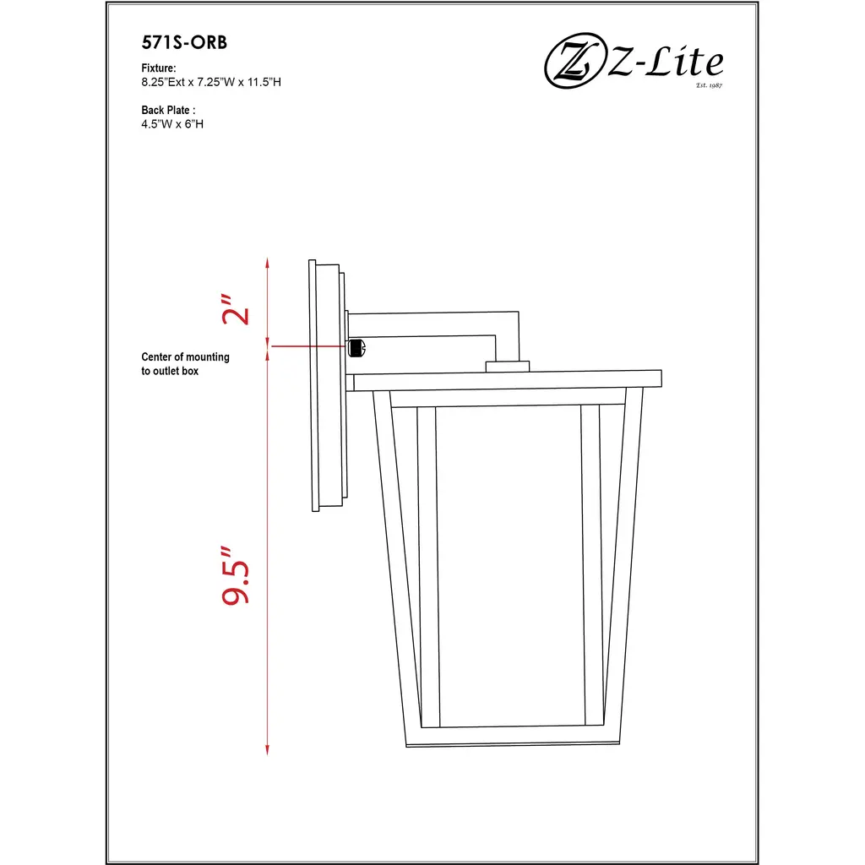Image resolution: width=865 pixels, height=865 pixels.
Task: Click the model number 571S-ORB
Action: (184, 42)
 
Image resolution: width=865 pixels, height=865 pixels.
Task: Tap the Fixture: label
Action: (158, 68)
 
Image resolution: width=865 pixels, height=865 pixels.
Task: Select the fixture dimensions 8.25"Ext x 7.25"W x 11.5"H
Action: (210, 82)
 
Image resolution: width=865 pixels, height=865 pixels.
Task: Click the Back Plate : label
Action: (168, 110)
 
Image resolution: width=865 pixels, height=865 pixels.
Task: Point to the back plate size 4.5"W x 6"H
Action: (172, 124)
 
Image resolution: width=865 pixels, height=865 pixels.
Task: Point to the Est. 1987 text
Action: (709, 85)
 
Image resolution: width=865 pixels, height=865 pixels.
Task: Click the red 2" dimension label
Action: (236, 309)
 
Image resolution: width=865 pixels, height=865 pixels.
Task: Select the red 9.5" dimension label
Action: (236, 576)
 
